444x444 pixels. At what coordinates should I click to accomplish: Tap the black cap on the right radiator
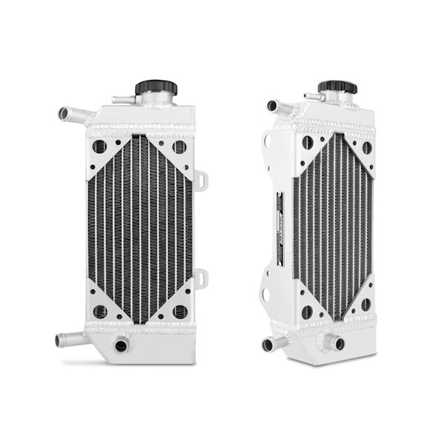pyautogui.click(x=337, y=87)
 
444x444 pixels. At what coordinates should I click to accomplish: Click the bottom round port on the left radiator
pyautogui.click(x=121, y=344)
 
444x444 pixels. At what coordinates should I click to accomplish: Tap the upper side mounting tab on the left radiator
pyautogui.click(x=201, y=179)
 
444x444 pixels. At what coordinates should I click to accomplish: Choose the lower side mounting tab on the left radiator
pyautogui.click(x=201, y=278)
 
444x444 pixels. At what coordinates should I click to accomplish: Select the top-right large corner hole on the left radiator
pyautogui.click(x=179, y=147)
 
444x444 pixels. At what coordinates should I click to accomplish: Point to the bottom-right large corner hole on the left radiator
pyautogui.click(x=179, y=312)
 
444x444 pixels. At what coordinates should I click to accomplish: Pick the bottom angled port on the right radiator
pyautogui.click(x=337, y=343)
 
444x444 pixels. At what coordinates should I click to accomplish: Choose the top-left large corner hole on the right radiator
pyautogui.click(x=306, y=145)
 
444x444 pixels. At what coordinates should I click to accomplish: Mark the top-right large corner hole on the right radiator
pyautogui.click(x=366, y=147)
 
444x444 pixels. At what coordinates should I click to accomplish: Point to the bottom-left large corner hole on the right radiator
pyautogui.click(x=306, y=312)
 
